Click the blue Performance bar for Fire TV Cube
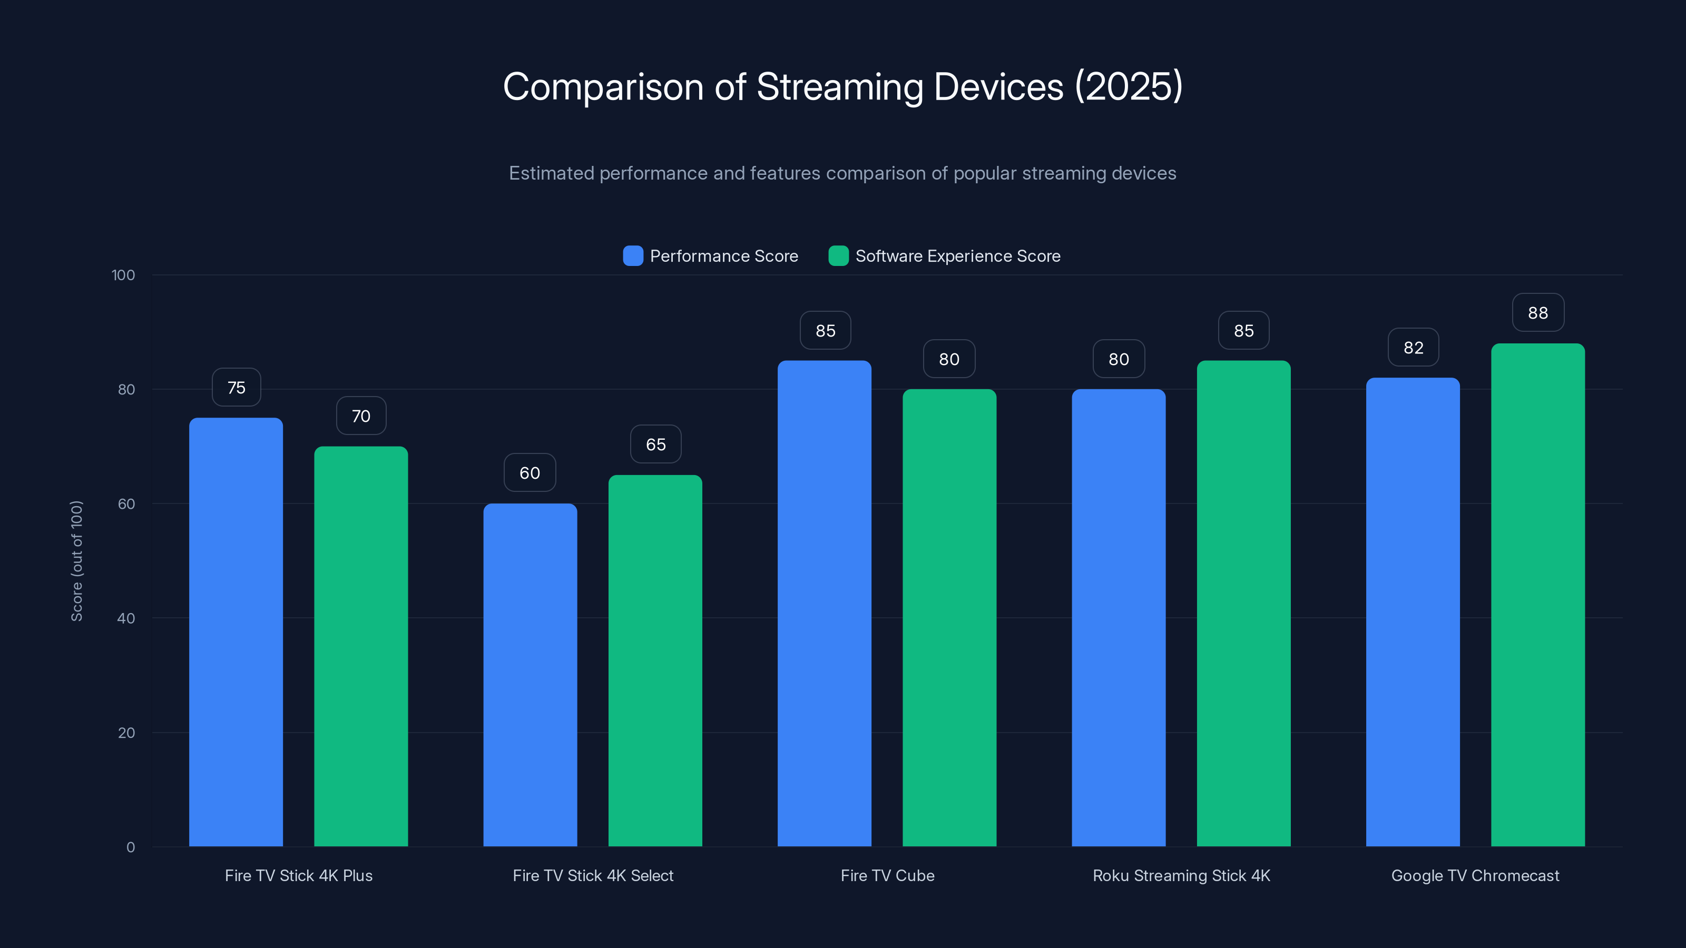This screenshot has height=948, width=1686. [x=824, y=603]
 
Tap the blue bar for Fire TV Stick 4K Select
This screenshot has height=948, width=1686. [x=530, y=675]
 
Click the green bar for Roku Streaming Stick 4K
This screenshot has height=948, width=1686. [x=1243, y=603]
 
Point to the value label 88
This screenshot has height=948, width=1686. [x=1537, y=313]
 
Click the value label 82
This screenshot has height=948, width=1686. [x=1413, y=348]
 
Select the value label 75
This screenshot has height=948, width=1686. [x=236, y=387]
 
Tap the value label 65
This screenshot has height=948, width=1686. [x=655, y=444]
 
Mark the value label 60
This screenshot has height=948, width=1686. [x=530, y=472]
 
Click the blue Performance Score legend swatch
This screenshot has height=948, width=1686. [x=633, y=256]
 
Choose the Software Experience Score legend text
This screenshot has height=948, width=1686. [x=957, y=256]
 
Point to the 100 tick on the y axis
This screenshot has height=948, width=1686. [x=123, y=275]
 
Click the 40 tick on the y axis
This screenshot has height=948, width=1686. [x=126, y=618]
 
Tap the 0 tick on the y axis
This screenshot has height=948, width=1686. [x=130, y=847]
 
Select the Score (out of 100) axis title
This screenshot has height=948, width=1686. [x=76, y=561]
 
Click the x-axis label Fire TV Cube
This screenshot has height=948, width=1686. [x=887, y=875]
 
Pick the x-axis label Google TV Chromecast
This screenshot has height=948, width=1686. [x=1475, y=875]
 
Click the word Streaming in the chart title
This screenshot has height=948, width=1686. [x=844, y=86]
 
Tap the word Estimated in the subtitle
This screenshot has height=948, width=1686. [x=551, y=173]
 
